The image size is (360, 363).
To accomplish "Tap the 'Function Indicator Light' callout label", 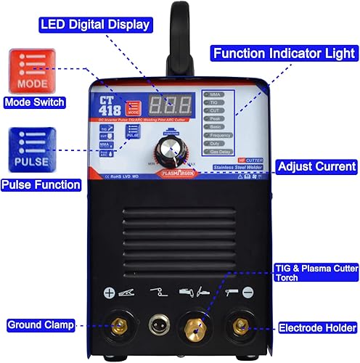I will (284, 53).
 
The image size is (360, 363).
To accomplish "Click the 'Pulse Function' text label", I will (40, 184).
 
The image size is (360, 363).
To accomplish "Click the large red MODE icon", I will (29, 70).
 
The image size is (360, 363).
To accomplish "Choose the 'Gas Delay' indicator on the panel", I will (220, 152).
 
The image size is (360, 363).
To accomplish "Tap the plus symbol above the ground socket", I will (109, 293).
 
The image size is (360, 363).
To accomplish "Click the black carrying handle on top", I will (174, 36).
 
